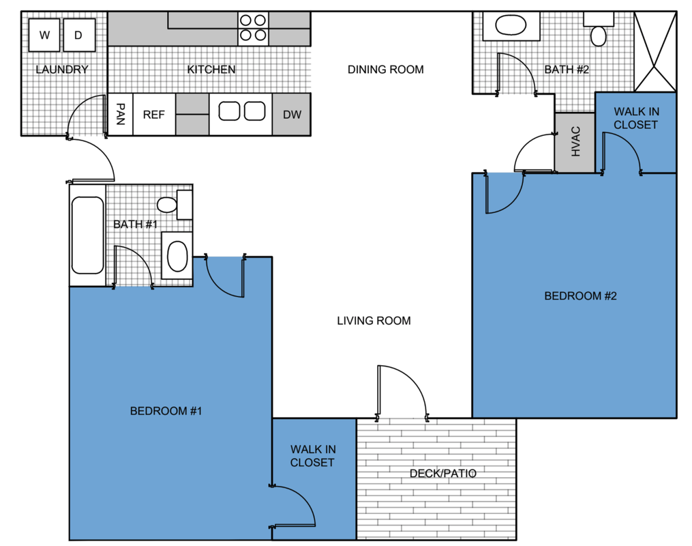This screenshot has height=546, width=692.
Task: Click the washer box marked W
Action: [x=45, y=35]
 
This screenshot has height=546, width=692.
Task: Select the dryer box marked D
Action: [x=78, y=35]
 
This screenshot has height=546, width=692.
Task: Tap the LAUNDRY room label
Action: [x=62, y=70]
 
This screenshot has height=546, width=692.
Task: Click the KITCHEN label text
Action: [x=211, y=70]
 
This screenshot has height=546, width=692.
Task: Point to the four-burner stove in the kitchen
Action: [x=252, y=27]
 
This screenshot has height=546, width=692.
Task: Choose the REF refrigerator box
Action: [x=154, y=115]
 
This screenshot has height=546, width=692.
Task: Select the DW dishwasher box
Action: [x=292, y=115]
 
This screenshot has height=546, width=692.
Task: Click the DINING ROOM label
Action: [x=385, y=70]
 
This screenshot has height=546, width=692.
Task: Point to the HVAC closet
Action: [x=575, y=142]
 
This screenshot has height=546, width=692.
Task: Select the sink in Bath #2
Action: [x=511, y=27]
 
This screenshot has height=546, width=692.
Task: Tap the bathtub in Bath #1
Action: [x=87, y=235]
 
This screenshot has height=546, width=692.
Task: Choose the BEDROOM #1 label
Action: [x=166, y=411]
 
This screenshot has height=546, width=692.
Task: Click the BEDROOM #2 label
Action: [x=580, y=296]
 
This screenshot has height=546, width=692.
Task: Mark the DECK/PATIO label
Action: [x=443, y=474]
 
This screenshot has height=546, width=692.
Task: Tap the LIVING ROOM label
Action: [x=374, y=321]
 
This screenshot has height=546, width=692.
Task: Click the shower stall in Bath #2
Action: [x=655, y=51]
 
